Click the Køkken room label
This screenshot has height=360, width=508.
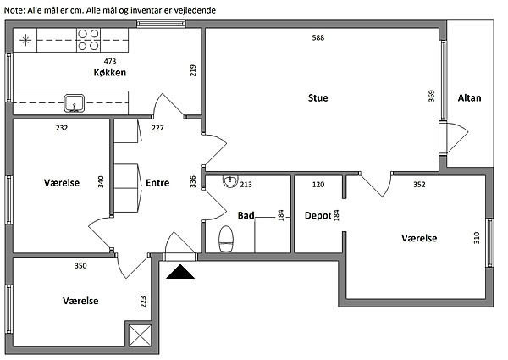click(110, 74)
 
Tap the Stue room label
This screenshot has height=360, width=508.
click(317, 98)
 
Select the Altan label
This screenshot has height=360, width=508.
click(469, 98)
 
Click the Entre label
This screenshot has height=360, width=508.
click(157, 182)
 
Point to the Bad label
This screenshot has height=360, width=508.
click(246, 215)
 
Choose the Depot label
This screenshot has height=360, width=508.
click(317, 215)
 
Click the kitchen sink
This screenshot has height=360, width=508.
click(75, 104)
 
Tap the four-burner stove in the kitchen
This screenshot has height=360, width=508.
click(89, 39)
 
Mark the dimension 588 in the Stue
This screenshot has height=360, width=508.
click(318, 38)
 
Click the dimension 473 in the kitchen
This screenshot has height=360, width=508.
click(110, 62)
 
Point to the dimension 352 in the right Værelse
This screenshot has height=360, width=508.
click(419, 184)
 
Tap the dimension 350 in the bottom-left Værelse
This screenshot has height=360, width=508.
click(80, 266)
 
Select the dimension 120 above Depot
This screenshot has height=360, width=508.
click(318, 184)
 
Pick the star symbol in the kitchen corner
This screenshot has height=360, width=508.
click(26, 39)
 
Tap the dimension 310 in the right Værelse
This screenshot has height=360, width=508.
click(478, 236)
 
